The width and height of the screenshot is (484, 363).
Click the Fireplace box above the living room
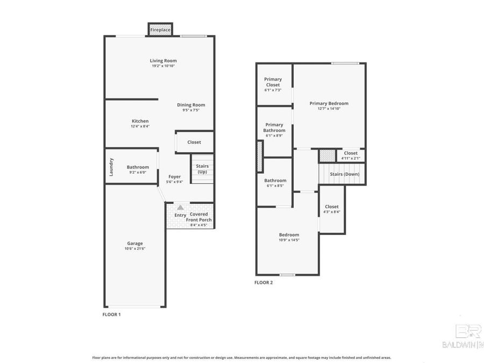click(x=160, y=30)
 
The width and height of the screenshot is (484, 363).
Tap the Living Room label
click(x=163, y=61)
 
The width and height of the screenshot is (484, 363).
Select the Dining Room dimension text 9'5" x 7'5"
click(x=191, y=110)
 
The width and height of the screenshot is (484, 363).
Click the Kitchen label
click(x=140, y=121)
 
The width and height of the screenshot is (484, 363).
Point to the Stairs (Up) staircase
click(x=202, y=169)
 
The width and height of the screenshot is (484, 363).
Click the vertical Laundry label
click(x=111, y=167)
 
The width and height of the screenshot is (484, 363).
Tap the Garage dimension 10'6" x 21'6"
click(x=135, y=248)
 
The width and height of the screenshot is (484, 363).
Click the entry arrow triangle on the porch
click(x=180, y=207)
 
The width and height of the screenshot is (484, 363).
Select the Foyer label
click(x=174, y=176)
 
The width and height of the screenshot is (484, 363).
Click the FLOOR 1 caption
click(x=111, y=314)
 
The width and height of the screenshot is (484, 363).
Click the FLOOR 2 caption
click(x=264, y=282)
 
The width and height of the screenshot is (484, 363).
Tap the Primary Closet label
click(x=273, y=82)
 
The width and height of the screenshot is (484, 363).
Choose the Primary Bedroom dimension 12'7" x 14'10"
click(x=329, y=109)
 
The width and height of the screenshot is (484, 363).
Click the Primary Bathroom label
click(x=274, y=127)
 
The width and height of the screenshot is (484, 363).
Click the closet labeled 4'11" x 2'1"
click(x=351, y=155)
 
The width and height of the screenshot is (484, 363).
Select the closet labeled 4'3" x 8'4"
click(x=332, y=209)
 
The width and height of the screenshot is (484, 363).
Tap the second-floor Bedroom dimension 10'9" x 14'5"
click(x=289, y=240)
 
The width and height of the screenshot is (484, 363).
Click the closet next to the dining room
click(x=194, y=142)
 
